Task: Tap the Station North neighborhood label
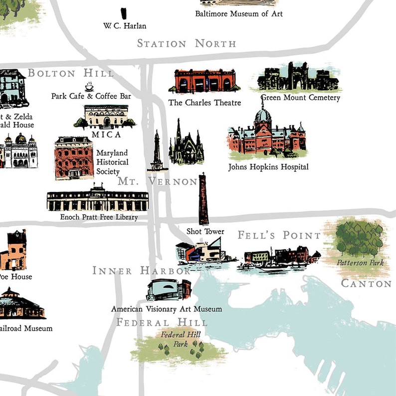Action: (x=187, y=43)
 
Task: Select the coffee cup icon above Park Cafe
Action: (x=89, y=86)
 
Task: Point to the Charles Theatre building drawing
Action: (x=204, y=81)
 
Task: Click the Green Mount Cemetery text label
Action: (x=300, y=98)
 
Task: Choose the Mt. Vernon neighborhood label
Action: (x=158, y=182)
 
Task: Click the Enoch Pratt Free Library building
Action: (x=97, y=200)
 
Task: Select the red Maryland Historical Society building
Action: (x=74, y=158)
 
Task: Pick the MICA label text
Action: (x=106, y=135)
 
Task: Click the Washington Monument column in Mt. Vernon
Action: (x=157, y=150)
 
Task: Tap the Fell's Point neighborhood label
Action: (x=279, y=235)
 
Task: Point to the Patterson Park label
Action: (x=360, y=262)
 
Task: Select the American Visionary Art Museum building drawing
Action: (x=169, y=290)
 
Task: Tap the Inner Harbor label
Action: (x=142, y=271)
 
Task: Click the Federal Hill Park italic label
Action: (x=180, y=339)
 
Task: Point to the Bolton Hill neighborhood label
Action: (x=70, y=73)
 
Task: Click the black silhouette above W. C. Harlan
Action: (x=124, y=13)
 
